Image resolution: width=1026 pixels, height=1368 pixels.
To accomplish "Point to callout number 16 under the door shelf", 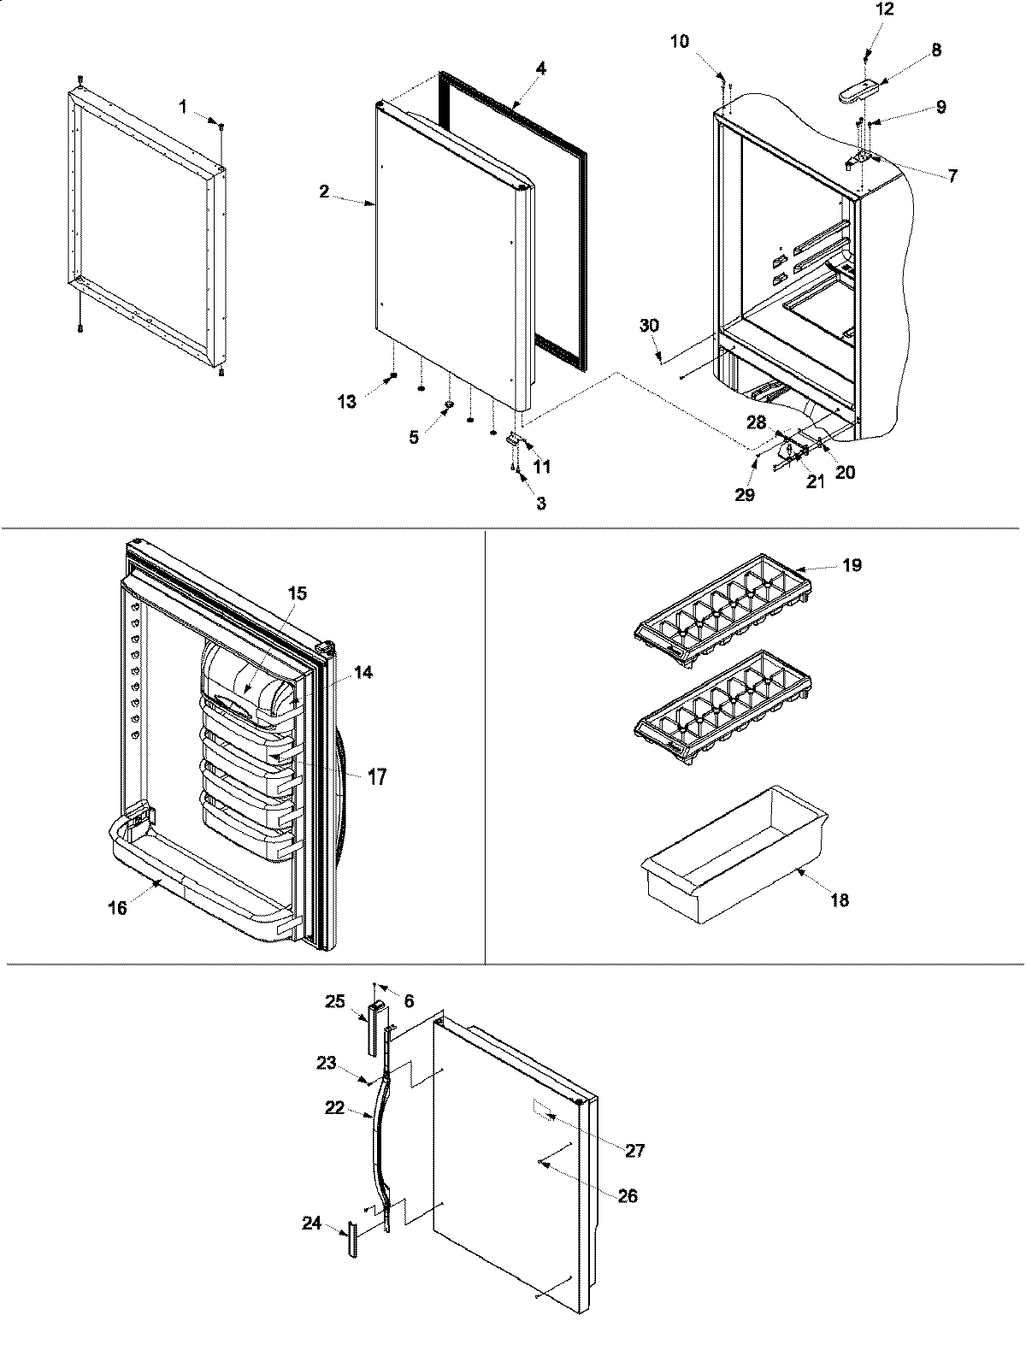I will pyautogui.click(x=117, y=908).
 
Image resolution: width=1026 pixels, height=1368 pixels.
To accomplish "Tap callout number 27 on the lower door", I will pyautogui.click(x=634, y=1151).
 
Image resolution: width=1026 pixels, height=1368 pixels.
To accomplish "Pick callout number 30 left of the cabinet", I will pyautogui.click(x=649, y=326).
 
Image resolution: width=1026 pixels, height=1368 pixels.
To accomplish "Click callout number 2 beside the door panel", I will pyautogui.click(x=324, y=192).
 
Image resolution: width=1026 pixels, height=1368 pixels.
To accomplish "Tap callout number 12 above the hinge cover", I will pyautogui.click(x=884, y=10).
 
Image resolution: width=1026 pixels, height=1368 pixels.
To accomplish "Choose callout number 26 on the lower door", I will pyautogui.click(x=628, y=1196).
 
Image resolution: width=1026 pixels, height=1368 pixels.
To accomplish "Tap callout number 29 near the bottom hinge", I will pyautogui.click(x=745, y=495).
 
